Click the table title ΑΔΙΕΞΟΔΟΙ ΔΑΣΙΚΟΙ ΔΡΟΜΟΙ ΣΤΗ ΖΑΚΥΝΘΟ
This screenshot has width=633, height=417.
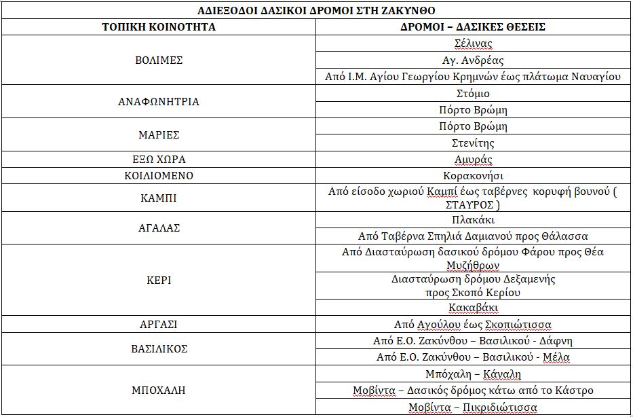coord(316,11)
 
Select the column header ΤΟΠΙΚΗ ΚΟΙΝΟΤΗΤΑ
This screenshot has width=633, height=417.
coord(159,27)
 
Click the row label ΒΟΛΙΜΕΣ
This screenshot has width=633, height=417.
coord(159,60)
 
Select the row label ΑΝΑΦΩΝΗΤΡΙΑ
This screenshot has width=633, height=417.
coord(159,102)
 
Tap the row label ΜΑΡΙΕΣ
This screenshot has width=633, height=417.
coord(159,135)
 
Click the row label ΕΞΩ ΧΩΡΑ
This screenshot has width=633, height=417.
coord(159,160)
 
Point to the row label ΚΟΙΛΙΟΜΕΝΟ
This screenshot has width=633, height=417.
coord(159,176)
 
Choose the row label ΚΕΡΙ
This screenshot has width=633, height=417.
coord(159,280)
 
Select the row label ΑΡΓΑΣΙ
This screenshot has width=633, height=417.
coord(159,325)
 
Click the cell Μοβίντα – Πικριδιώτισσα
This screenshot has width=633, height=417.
coord(473,407)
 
